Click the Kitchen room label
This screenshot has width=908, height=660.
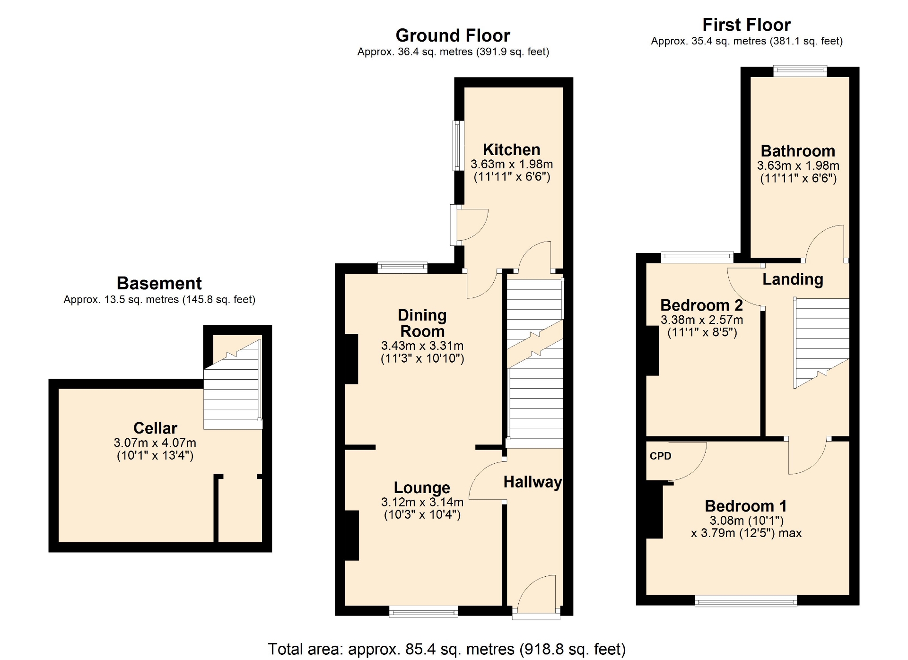pyautogui.click(x=511, y=149)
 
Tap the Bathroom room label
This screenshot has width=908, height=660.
pyautogui.click(x=798, y=151)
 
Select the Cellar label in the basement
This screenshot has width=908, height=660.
pyautogui.click(x=155, y=428)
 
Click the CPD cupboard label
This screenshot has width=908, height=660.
pyautogui.click(x=660, y=456)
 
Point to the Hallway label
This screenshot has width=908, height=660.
pyautogui.click(x=533, y=482)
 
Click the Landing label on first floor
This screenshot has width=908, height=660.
pyautogui.click(x=793, y=279)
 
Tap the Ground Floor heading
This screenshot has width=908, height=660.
pyautogui.click(x=453, y=35)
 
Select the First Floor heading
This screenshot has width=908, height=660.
pyautogui.click(x=746, y=25)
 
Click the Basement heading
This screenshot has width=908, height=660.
pyautogui.click(x=159, y=283)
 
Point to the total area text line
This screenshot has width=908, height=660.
pyautogui.click(x=446, y=649)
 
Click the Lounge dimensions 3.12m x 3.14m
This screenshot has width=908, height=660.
pyautogui.click(x=422, y=502)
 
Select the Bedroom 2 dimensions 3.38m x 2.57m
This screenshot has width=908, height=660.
pyautogui.click(x=702, y=320)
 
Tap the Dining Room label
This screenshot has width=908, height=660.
pyautogui.click(x=422, y=323)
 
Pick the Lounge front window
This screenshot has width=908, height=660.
pyautogui.click(x=424, y=612)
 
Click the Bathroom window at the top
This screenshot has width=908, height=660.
pyautogui.click(x=800, y=71)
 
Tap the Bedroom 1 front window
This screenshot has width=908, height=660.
pyautogui.click(x=746, y=601)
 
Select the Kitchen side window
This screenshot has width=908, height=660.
pyautogui.click(x=458, y=146)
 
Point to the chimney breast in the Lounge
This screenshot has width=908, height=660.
pyautogui.click(x=351, y=535)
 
